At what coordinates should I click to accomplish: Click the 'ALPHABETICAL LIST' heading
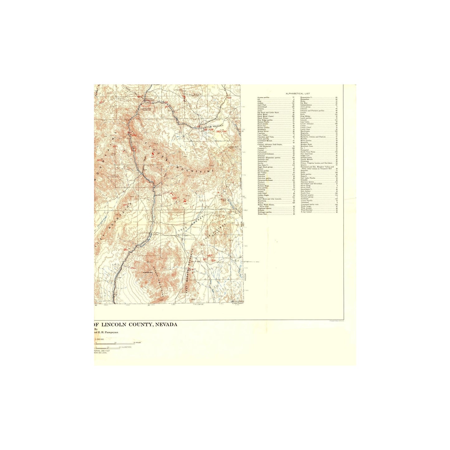pos(298,93)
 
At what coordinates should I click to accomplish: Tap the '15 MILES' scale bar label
pos(137,343)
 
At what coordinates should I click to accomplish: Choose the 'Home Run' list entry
pos(262,214)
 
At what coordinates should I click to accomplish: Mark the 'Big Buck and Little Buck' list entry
pos(268,113)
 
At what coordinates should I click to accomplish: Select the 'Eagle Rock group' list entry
pos(265,167)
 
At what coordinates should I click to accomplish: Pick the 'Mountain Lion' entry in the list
pos(307,146)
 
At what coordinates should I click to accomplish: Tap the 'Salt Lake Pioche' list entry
pos(308,178)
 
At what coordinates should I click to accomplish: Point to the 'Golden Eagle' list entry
pos(263,195)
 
